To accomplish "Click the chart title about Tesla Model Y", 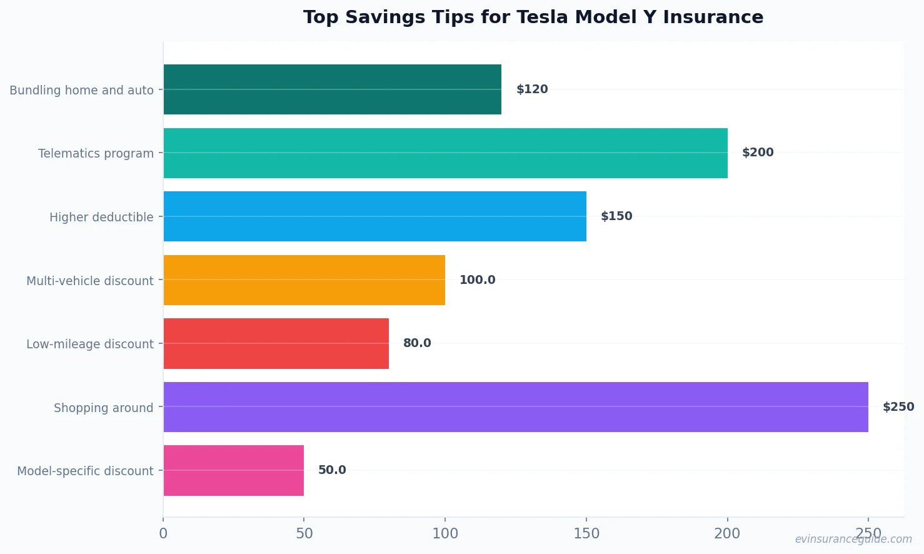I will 533,18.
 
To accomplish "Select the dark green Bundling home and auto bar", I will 332,89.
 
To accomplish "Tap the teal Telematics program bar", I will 445,153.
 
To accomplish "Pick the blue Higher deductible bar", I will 374,216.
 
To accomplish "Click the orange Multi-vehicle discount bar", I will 304,280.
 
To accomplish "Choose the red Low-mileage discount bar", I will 276,343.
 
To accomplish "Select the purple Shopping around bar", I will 515,407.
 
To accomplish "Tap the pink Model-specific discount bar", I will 233,470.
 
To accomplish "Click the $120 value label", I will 532,89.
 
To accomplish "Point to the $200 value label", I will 758,153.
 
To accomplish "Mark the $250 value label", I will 898,407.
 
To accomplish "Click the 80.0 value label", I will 417,343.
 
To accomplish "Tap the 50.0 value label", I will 332,470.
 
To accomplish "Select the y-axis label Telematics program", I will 96,154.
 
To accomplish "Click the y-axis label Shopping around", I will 103,408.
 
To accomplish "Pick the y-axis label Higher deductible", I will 101,218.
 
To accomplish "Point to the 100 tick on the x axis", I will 445,534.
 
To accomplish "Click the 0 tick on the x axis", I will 163,534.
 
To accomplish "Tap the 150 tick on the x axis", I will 586,534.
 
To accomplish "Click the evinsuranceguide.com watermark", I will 853,540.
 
